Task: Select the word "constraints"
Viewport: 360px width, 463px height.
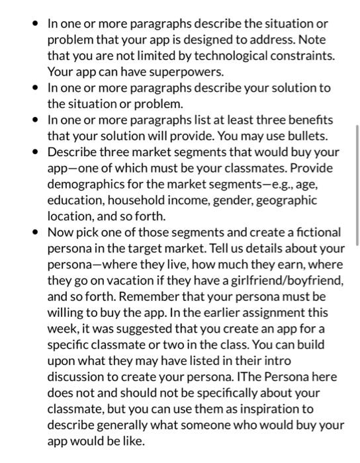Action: click(x=294, y=55)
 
